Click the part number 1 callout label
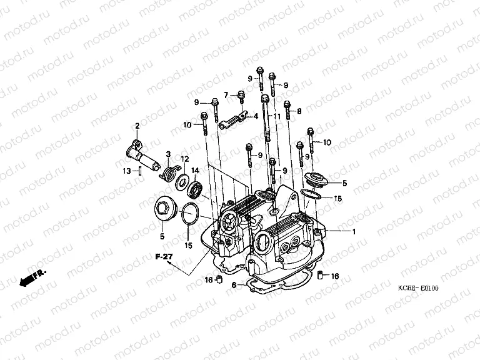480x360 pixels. point(354,232)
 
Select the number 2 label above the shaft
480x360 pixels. point(137,126)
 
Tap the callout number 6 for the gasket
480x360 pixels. point(232,285)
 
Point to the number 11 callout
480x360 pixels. point(276,116)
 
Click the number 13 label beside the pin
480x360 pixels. point(126,171)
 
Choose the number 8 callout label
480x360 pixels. point(299,111)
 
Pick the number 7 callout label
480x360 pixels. point(227,94)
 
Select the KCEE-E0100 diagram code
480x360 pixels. point(419,288)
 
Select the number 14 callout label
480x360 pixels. point(195,170)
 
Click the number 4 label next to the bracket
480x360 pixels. point(255,116)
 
